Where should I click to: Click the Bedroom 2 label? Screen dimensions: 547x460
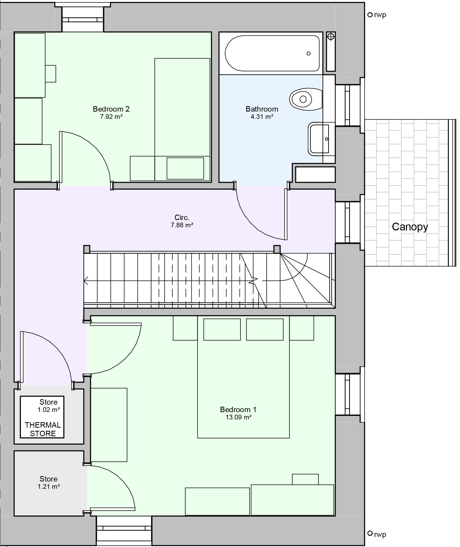click(x=111, y=109)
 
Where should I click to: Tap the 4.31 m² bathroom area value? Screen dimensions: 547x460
click(x=262, y=117)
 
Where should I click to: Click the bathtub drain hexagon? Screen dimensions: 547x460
click(x=308, y=53)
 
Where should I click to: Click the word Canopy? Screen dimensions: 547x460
click(x=410, y=227)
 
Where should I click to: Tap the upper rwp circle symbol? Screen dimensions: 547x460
click(x=370, y=15)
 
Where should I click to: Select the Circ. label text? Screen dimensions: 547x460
click(x=182, y=217)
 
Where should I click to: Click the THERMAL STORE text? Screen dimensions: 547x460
click(x=43, y=429)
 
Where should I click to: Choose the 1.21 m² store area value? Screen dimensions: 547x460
click(x=49, y=486)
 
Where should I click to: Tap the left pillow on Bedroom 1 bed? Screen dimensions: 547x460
click(x=222, y=329)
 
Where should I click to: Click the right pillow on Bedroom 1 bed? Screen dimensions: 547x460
click(x=265, y=329)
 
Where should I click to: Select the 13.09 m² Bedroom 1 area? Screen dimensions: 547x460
click(x=238, y=417)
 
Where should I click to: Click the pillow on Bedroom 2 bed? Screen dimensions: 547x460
click(x=185, y=168)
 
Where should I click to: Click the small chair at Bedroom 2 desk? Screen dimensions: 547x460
click(x=51, y=74)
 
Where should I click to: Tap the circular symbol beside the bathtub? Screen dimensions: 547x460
click(x=331, y=37)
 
